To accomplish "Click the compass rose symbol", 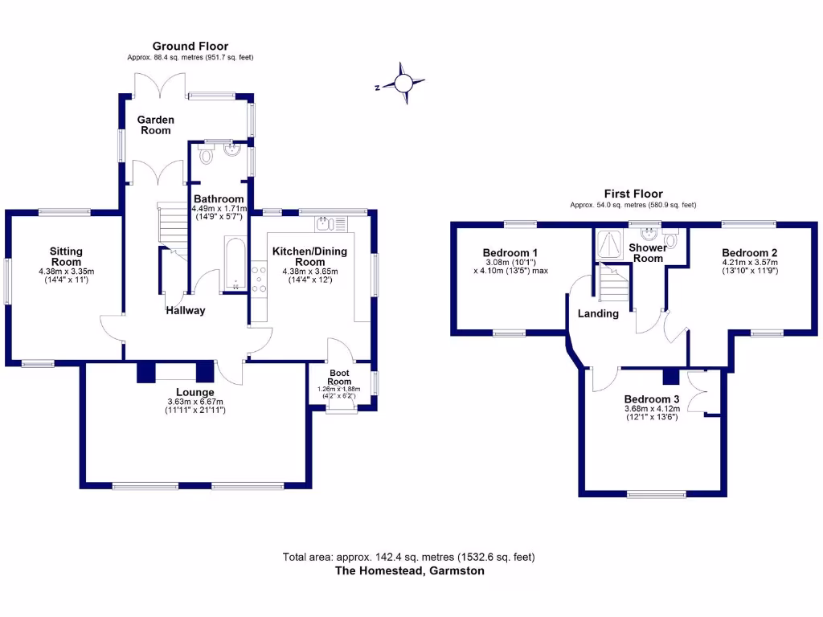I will (x=404, y=84).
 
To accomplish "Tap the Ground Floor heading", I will (x=190, y=47).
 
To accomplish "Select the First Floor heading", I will (x=633, y=194).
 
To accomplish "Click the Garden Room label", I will (x=156, y=125).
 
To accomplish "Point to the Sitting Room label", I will (x=66, y=256).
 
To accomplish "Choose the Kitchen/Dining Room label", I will (x=309, y=256).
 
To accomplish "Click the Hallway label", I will (x=186, y=310).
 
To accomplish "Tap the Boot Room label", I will (x=339, y=377).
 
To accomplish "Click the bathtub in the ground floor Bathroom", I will (x=235, y=261).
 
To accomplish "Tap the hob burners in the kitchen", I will (x=260, y=282).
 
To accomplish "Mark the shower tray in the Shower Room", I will (x=608, y=244).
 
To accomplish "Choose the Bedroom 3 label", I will (x=652, y=399).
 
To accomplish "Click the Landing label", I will (x=598, y=313).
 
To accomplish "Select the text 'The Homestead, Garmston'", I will (x=409, y=571).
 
